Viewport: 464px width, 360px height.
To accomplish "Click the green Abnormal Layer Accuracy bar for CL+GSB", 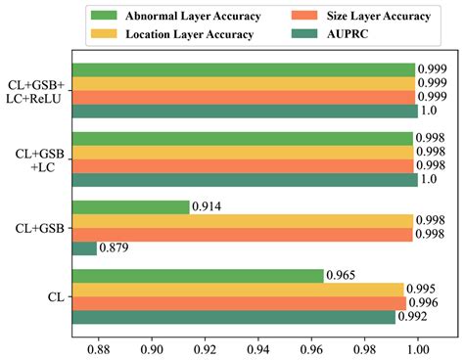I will point(131,207).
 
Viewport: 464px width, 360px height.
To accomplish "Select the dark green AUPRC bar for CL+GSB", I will point(85,248).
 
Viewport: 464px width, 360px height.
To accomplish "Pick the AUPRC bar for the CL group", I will point(234,317).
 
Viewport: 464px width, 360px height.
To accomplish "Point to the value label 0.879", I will point(115,248).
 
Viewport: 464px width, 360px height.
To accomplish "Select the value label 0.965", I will point(341,276).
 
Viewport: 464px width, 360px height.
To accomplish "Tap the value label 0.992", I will point(413,317).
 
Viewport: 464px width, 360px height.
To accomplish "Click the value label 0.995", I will point(422,290).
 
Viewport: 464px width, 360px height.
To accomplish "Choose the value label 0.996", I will point(424,303).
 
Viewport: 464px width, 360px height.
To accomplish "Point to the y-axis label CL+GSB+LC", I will point(39,158).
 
